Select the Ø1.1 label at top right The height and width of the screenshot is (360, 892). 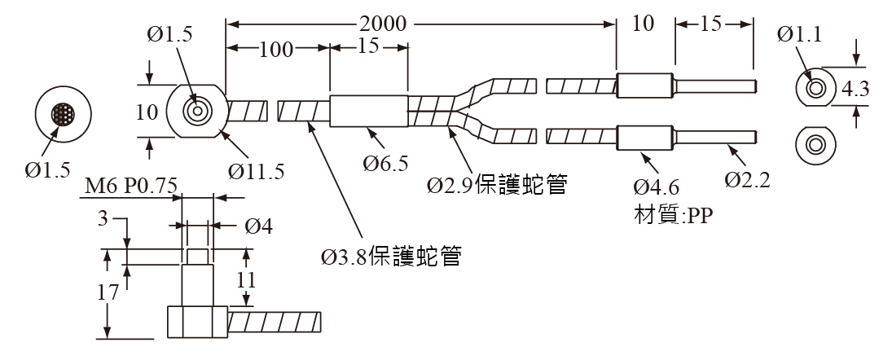point(798,35)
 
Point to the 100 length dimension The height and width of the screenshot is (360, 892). point(277,49)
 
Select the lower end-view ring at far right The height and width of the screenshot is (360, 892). point(815,145)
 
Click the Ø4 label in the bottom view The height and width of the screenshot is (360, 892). point(258,226)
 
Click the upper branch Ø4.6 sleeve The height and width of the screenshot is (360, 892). point(644,85)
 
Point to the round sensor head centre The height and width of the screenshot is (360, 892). point(196,112)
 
